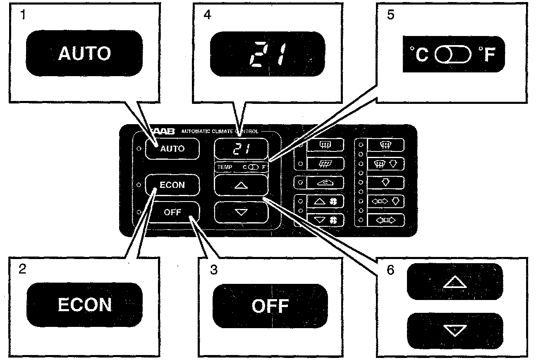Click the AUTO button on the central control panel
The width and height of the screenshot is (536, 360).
[x=172, y=149]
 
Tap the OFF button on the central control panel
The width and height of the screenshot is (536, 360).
[x=173, y=212]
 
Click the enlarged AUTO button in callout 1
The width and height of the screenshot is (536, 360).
[x=85, y=53]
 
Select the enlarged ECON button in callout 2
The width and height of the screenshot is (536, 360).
[x=85, y=305]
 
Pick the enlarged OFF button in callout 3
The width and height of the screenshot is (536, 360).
[x=270, y=306]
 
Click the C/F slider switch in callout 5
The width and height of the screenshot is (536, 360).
[x=453, y=54]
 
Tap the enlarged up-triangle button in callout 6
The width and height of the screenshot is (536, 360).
[x=455, y=282]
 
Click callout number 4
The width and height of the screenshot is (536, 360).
[x=207, y=16]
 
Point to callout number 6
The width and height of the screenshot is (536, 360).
[x=390, y=270]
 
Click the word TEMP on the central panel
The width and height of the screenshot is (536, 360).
[x=225, y=167]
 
